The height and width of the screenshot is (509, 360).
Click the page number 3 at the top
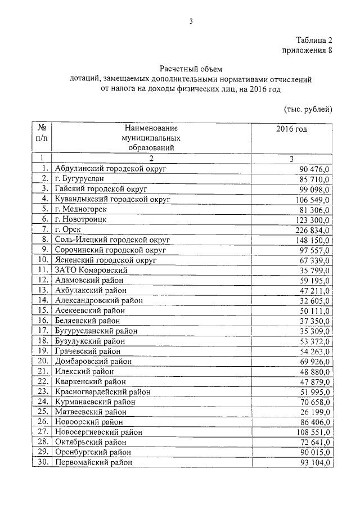point(191,21)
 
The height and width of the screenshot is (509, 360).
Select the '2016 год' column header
point(291,129)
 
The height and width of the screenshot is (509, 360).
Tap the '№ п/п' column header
point(41,133)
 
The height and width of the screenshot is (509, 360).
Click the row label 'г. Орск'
point(67,229)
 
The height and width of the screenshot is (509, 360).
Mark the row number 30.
point(42,462)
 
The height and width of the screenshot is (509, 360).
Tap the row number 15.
point(42,310)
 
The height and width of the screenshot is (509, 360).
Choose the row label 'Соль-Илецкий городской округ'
point(112,240)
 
